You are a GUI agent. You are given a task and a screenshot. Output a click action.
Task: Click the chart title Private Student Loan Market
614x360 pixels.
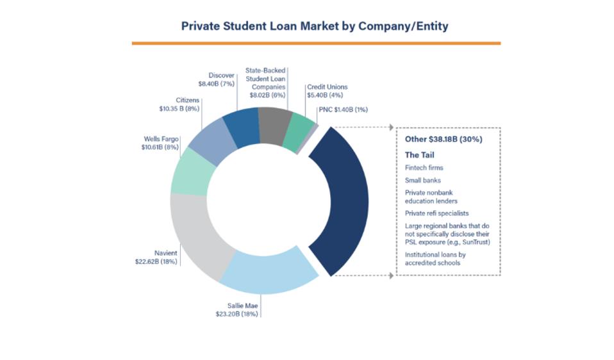point(315,26)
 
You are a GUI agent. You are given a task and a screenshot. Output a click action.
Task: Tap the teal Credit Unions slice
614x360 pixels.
point(300,132)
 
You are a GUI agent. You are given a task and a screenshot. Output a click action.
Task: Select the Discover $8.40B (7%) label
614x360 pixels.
point(217,79)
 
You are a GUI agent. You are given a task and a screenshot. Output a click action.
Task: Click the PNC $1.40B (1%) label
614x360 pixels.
point(343,109)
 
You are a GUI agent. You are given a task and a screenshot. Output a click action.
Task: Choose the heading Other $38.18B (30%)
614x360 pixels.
point(444,139)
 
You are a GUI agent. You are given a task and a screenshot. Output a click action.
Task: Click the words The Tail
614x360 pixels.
point(419,155)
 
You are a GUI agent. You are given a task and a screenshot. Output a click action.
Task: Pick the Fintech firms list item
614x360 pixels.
point(424,168)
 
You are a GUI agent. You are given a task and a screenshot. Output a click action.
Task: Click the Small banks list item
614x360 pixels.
point(422,181)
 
